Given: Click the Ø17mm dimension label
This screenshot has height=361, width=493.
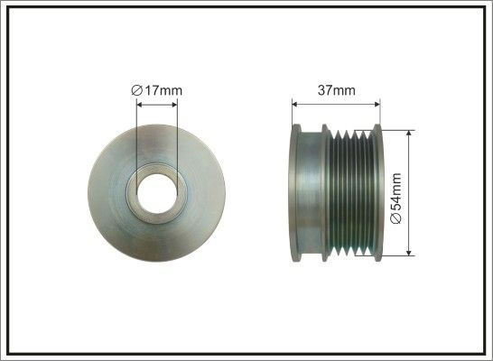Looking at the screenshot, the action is [x=156, y=90].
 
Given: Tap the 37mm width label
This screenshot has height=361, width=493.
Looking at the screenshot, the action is [x=337, y=90].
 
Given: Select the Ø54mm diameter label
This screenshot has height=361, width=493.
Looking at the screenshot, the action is [x=396, y=199].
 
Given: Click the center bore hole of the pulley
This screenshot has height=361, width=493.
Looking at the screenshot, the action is [x=157, y=193].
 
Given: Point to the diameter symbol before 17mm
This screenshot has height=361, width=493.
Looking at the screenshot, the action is [x=136, y=90].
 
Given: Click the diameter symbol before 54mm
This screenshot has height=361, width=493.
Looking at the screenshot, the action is [x=396, y=218].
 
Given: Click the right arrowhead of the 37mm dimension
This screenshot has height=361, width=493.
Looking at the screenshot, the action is [x=377, y=105].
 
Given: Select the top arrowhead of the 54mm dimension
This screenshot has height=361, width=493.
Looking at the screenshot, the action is [x=409, y=134].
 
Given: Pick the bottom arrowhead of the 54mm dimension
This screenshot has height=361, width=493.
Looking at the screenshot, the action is [x=409, y=253].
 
